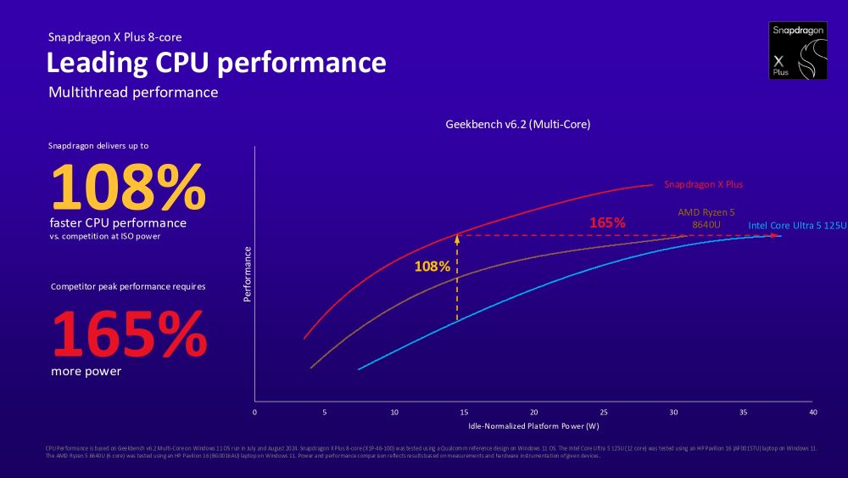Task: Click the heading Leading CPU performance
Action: point(215,63)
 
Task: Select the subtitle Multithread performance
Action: point(133,92)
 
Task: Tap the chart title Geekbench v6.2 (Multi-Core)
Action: point(517,124)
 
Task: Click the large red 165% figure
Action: point(129,334)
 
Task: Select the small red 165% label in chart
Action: point(608,222)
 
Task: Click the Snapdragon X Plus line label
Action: point(703,184)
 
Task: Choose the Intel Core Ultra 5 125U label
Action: point(797,225)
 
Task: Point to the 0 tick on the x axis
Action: point(254,412)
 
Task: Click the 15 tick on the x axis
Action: point(464,412)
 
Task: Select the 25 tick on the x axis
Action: point(603,412)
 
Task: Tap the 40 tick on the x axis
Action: point(812,412)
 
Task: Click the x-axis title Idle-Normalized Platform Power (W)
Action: point(533,425)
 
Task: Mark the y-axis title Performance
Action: point(248,274)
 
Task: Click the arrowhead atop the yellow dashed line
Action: point(457,239)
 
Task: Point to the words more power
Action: point(86,371)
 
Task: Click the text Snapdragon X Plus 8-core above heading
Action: point(114,37)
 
